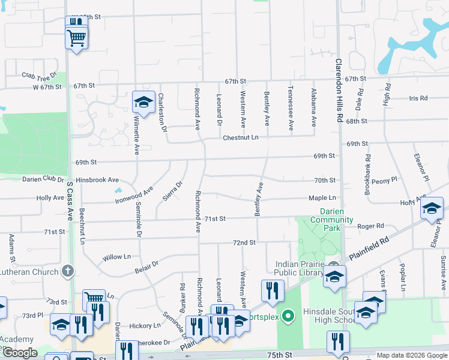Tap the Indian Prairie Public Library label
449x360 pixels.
[x=299, y=269]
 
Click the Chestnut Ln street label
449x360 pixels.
[x=240, y=137]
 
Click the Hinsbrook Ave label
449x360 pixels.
[x=97, y=179]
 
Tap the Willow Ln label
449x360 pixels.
[x=116, y=257]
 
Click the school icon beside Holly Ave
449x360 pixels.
[x=431, y=209]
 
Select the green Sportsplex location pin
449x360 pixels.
[x=288, y=315]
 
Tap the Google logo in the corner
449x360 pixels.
[x=20, y=353]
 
